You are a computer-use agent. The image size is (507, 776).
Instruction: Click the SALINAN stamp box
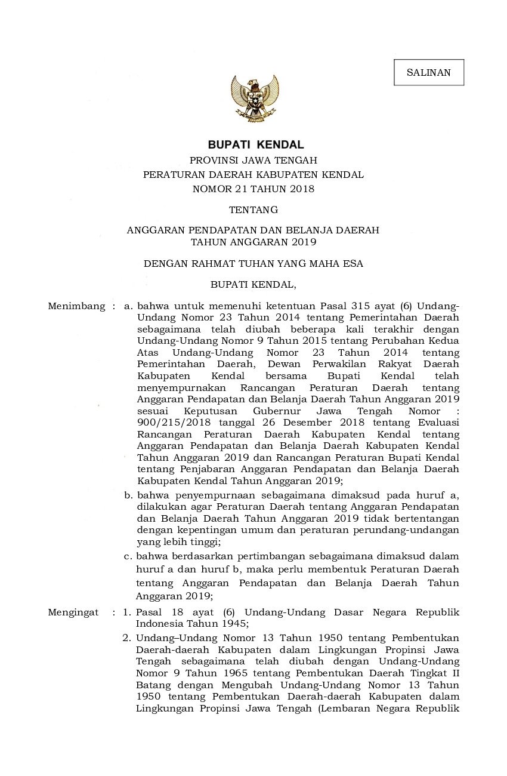[x=428, y=73]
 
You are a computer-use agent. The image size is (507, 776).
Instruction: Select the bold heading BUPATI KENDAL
[x=255, y=144]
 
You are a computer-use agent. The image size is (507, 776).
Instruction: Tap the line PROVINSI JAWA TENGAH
[x=253, y=160]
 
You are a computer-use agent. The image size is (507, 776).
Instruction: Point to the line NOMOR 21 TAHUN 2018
[x=253, y=189]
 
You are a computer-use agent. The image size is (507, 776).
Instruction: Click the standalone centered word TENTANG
[x=253, y=210]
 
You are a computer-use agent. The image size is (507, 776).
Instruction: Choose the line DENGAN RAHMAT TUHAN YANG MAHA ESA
[x=253, y=263]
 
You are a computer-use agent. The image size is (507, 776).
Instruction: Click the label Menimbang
[x=73, y=306]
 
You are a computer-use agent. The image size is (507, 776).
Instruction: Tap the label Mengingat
[x=73, y=612]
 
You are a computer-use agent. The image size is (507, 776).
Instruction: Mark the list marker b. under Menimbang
[x=128, y=495]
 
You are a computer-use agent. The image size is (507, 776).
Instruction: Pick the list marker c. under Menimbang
[x=128, y=556]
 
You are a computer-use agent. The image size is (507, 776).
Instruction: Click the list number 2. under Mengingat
[x=127, y=638]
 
